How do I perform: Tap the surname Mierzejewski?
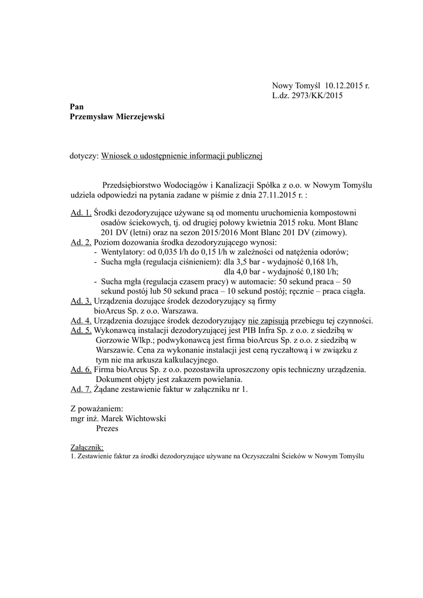tap(134, 117)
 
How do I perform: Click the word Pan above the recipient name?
tap(76, 107)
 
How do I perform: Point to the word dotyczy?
tap(84, 156)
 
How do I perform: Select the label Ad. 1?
tap(81, 213)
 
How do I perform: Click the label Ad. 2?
tap(81, 242)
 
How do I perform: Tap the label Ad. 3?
tap(81, 301)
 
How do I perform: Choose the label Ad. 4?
tap(81, 321)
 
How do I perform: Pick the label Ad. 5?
tap(81, 331)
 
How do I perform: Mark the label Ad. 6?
tap(81, 370)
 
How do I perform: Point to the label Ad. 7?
tap(81, 389)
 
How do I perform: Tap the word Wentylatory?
tap(123, 252)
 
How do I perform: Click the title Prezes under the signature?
tap(107, 428)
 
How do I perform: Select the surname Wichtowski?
tap(145, 418)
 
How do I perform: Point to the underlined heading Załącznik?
tap(86, 447)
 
